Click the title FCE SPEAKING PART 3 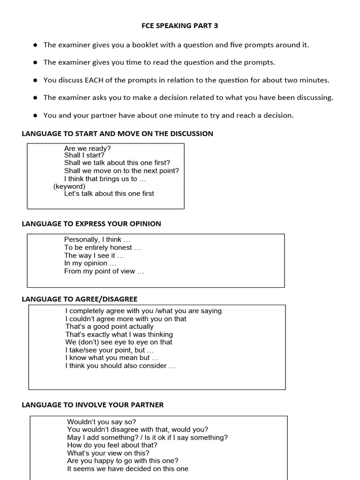[x=180, y=26]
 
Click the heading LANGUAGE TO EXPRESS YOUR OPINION [x=91, y=224]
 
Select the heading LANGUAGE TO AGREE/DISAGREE [x=80, y=299]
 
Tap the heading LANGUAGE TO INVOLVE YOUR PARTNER [x=93, y=405]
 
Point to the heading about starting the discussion [x=117, y=134]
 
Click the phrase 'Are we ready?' [x=87, y=148]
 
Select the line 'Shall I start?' [x=84, y=155]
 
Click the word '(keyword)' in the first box [x=69, y=186]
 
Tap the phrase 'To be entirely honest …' [x=102, y=247]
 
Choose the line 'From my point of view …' [x=104, y=271]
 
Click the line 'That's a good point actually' [x=109, y=326]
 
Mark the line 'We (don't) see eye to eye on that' [x=119, y=342]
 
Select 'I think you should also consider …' [x=120, y=366]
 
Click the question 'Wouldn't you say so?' [x=101, y=422]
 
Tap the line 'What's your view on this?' [x=108, y=453]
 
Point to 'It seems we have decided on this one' [x=127, y=469]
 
